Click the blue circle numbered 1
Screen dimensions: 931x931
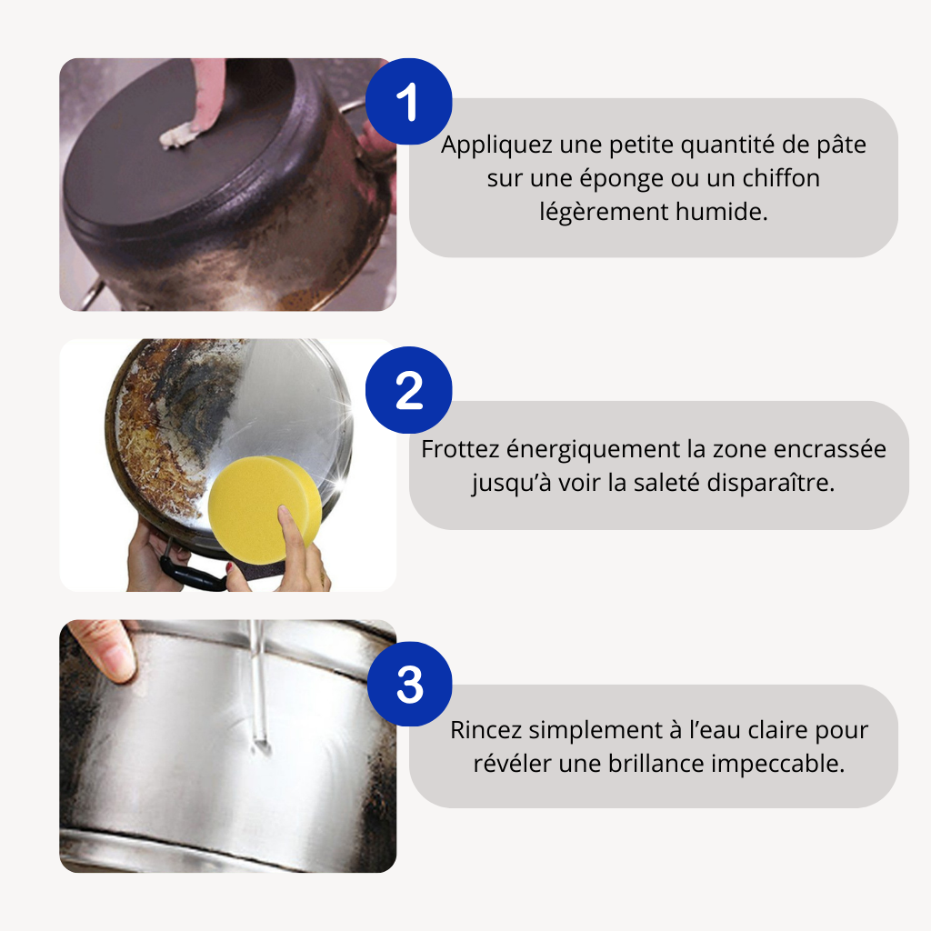(x=408, y=102)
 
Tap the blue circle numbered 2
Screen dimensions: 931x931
(x=408, y=390)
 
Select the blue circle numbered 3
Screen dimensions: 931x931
(x=410, y=684)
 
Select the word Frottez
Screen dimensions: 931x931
(x=460, y=449)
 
